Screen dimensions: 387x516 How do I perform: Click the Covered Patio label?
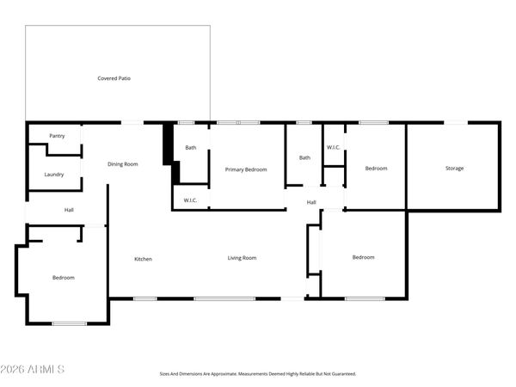(114, 78)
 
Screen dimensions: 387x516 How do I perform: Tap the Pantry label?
(57, 136)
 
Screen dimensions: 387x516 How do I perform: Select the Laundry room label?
(54, 175)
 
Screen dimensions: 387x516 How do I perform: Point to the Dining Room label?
(123, 163)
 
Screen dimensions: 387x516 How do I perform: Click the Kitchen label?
(143, 258)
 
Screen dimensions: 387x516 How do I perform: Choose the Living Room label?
(242, 258)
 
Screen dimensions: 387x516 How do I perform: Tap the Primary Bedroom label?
(246, 169)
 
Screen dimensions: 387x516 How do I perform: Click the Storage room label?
(454, 168)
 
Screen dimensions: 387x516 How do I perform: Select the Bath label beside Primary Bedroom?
(191, 148)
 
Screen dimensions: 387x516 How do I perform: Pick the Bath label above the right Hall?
(304, 157)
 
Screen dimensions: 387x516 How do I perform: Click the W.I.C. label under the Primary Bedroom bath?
(190, 201)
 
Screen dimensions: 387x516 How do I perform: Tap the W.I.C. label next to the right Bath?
(334, 147)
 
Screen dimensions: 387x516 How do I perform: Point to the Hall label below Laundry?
(69, 210)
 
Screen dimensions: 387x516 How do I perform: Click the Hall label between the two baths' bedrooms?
(311, 202)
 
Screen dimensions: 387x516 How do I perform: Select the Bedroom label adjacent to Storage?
(376, 169)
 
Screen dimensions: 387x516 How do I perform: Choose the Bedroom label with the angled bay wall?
(64, 278)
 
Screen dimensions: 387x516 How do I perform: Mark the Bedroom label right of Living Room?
(363, 257)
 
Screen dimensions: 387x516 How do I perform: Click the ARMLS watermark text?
(34, 369)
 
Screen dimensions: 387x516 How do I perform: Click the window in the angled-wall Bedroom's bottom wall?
(70, 323)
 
